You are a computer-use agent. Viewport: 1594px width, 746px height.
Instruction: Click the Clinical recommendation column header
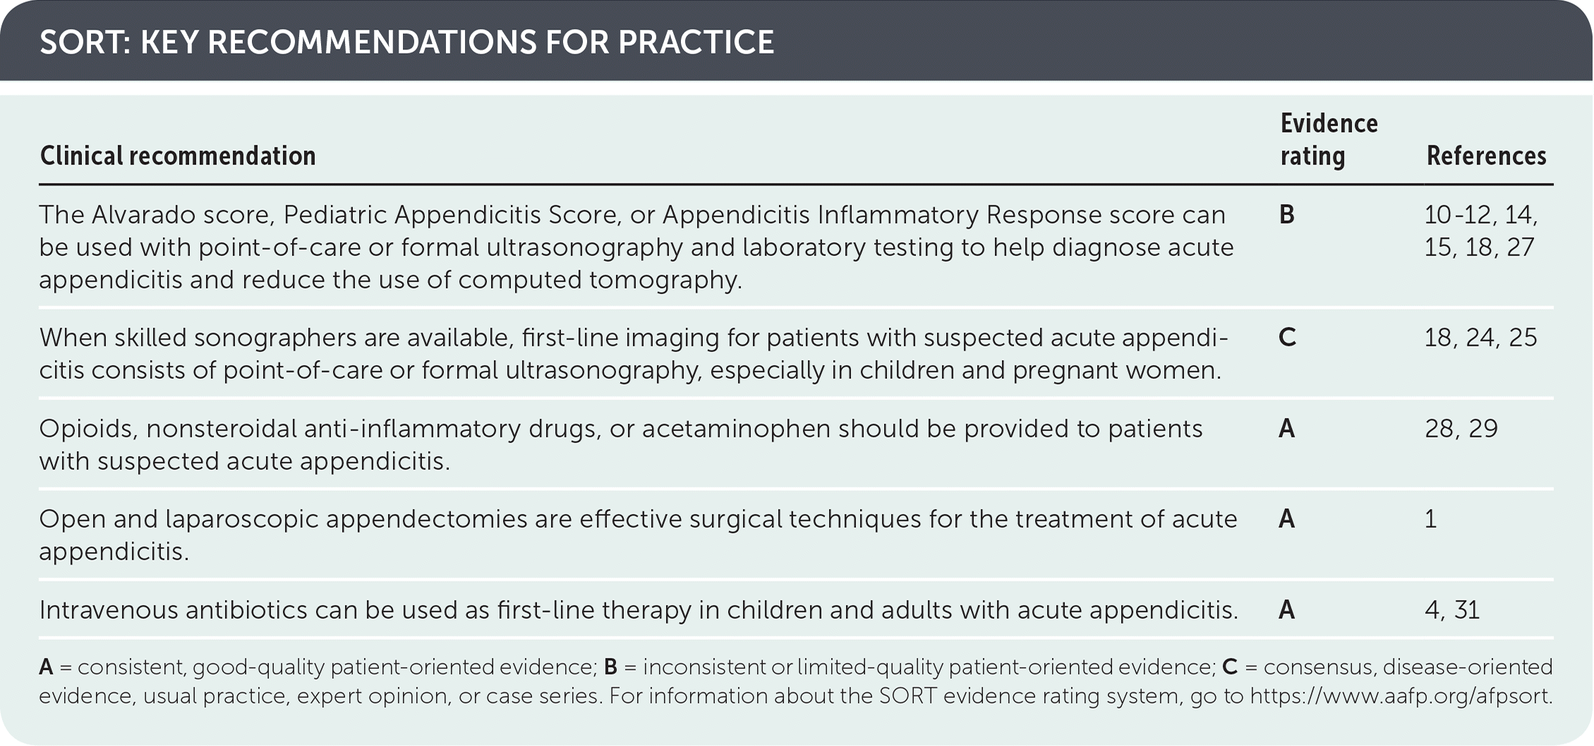click(x=178, y=156)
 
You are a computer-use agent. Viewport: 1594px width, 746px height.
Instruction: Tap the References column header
click(x=1486, y=156)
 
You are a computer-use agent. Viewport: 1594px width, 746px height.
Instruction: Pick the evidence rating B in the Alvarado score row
click(x=1287, y=215)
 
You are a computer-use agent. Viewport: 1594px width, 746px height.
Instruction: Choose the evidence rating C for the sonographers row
click(x=1287, y=337)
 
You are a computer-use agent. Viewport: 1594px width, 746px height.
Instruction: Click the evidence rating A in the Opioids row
click(x=1287, y=428)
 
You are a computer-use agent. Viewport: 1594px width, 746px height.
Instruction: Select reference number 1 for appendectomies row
click(x=1430, y=519)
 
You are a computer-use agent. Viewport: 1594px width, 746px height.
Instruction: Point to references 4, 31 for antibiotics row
click(x=1452, y=610)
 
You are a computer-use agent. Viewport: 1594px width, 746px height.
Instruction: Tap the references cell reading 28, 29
click(x=1461, y=428)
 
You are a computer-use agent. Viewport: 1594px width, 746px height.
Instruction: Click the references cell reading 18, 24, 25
click(x=1480, y=337)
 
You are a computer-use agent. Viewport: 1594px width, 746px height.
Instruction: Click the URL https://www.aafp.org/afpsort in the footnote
click(x=1401, y=697)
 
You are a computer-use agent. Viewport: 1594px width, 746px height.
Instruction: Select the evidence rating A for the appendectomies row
click(x=1287, y=519)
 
